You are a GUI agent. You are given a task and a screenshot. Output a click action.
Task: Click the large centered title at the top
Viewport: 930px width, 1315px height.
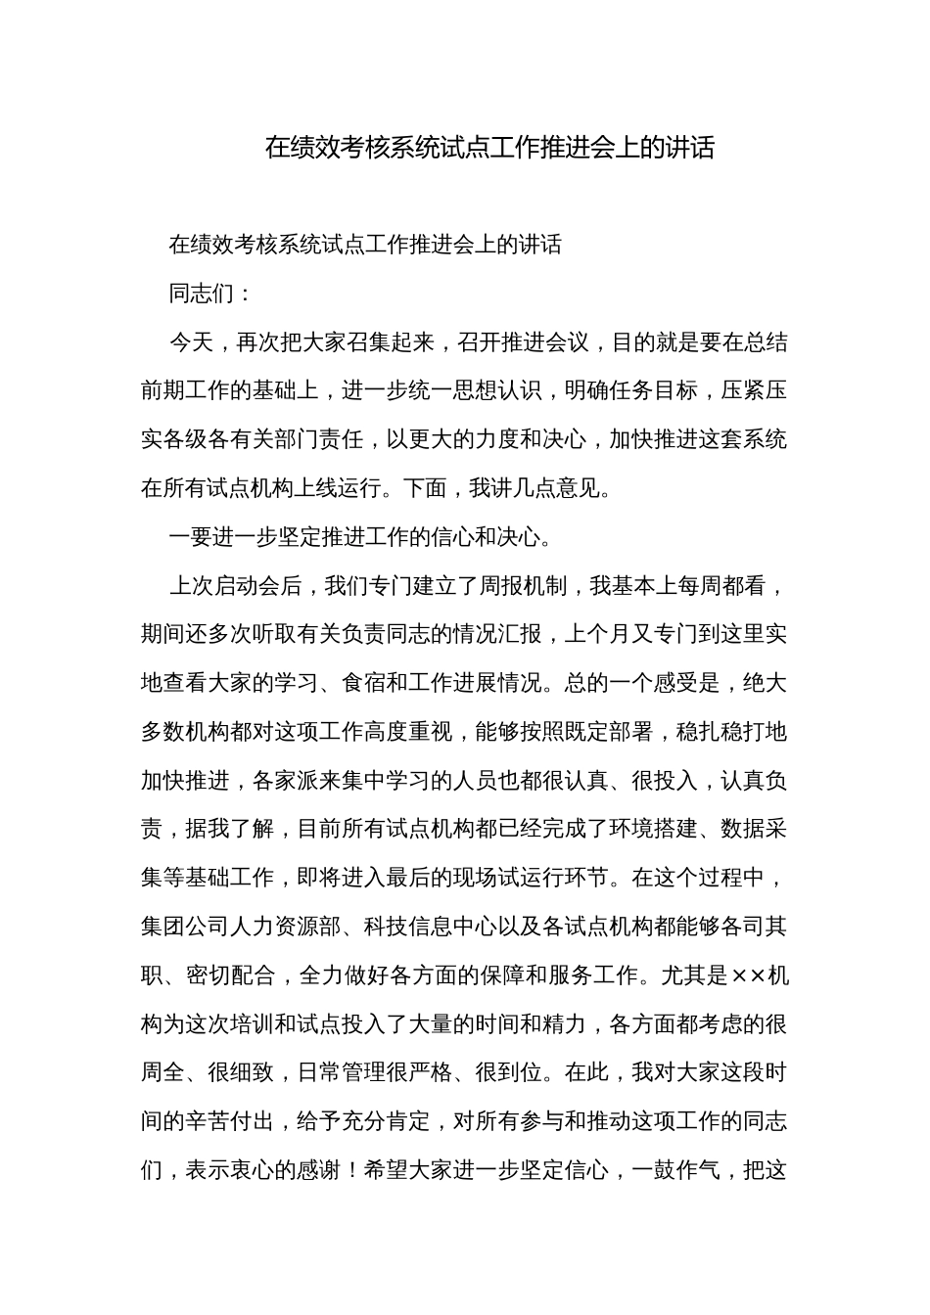(489, 148)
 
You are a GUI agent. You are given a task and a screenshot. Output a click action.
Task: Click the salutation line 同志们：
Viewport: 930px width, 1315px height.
(211, 294)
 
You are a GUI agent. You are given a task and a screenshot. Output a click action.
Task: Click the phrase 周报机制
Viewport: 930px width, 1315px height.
(523, 585)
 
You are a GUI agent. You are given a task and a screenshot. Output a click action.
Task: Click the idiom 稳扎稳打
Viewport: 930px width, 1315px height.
(720, 731)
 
